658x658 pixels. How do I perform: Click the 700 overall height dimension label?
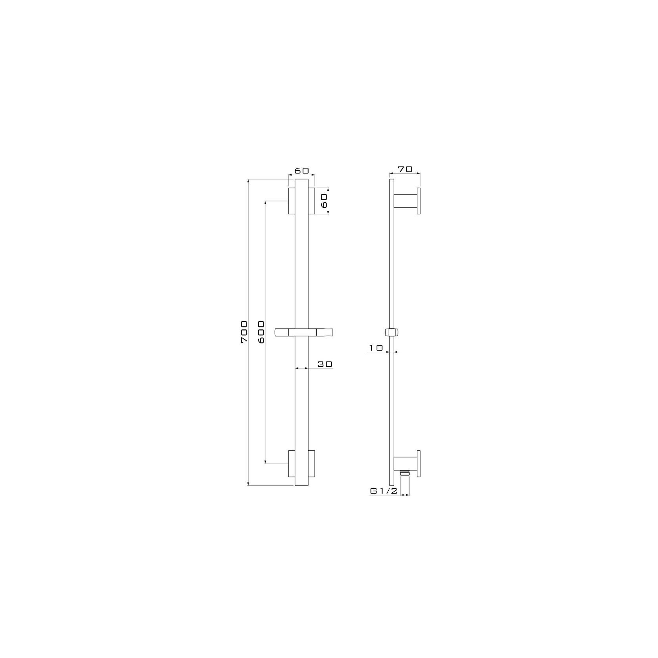tap(244, 332)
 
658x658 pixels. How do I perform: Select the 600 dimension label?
tap(261, 332)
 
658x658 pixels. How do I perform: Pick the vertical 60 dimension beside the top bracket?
tap(324, 201)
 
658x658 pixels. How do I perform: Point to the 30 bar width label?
tap(325, 364)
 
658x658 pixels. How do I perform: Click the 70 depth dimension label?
tap(405, 169)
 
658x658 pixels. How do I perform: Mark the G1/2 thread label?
tap(384, 491)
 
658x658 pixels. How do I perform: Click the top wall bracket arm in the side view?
tap(406, 201)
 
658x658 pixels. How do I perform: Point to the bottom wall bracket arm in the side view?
tap(406, 464)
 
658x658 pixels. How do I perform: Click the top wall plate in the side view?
tap(419, 201)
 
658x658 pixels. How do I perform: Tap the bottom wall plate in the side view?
tap(419, 464)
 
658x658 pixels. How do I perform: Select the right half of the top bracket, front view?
tap(311, 201)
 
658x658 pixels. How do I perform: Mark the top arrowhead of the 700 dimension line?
tap(249, 181)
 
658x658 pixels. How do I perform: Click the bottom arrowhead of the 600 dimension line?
tap(266, 461)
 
